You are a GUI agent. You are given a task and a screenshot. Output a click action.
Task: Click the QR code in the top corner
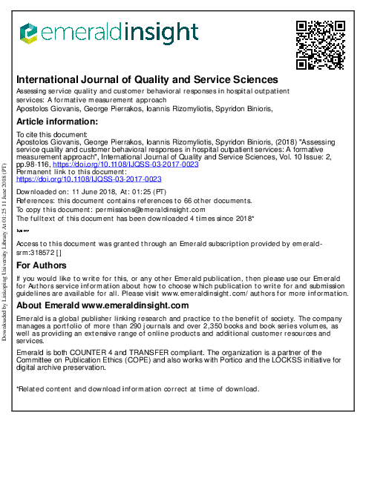[x=321, y=44]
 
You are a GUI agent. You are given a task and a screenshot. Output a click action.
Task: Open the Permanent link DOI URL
[x=89, y=179]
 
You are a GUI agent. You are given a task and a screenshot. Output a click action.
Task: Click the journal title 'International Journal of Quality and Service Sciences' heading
[x=147, y=79]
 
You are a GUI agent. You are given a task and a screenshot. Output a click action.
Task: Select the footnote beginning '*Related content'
[x=137, y=389]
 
